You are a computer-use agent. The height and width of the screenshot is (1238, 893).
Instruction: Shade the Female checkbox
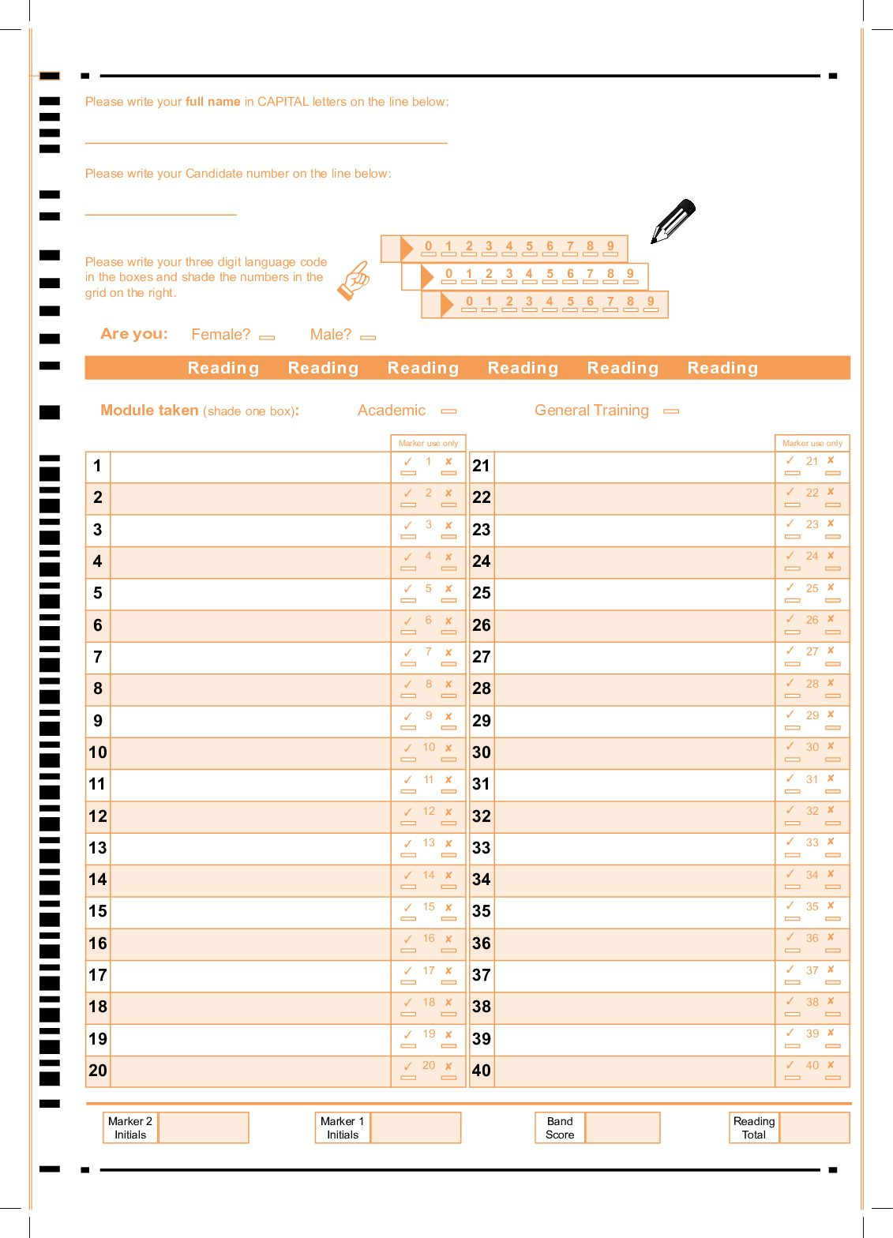267,337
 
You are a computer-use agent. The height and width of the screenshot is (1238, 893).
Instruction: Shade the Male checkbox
367,337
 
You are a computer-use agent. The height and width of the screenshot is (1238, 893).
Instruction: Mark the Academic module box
448,411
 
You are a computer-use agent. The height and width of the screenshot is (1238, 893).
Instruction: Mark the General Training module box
671,411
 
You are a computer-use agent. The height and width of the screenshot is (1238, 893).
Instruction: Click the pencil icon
673,221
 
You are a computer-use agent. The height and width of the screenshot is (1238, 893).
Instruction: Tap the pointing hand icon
355,280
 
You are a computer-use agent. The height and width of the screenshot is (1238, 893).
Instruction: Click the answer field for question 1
250,467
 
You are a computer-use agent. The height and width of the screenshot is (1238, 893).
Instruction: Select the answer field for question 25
634,594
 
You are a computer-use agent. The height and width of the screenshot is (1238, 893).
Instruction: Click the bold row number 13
98,848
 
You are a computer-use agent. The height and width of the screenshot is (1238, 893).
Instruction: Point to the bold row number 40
482,1071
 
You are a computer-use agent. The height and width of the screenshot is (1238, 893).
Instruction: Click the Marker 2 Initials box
204,1127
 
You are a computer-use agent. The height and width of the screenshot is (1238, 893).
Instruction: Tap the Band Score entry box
622,1127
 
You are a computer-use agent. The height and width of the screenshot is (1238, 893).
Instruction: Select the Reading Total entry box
813,1127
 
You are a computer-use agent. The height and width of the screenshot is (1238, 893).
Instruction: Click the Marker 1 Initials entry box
415,1127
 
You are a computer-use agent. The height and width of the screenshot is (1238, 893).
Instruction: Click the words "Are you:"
134,334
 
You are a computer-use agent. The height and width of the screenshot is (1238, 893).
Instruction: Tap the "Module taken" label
149,411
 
